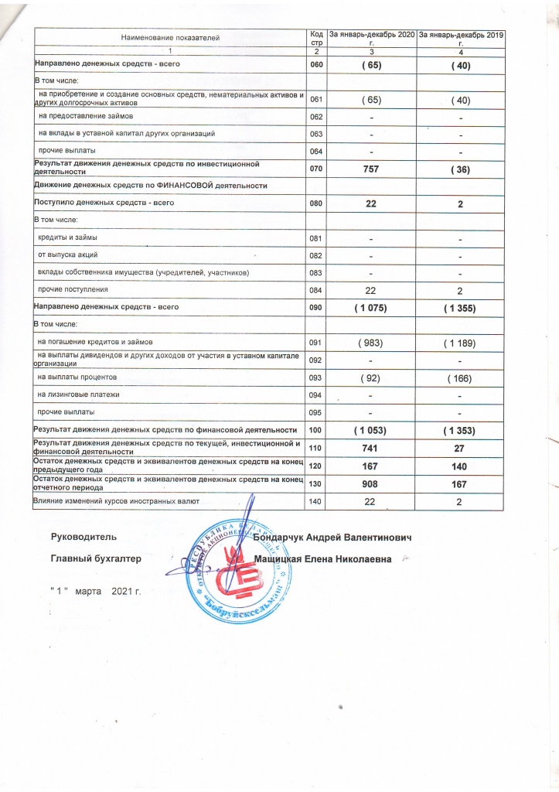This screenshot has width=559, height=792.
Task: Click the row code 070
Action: point(315,168)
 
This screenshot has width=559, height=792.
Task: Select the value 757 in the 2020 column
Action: point(372,168)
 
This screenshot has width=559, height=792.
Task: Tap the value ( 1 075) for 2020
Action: point(372,308)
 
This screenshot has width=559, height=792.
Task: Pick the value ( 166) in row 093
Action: point(460,377)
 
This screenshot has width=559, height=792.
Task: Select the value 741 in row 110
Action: point(372,447)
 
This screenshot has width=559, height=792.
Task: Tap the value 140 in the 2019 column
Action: point(460,466)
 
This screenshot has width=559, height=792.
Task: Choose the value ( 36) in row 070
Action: point(460,168)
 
